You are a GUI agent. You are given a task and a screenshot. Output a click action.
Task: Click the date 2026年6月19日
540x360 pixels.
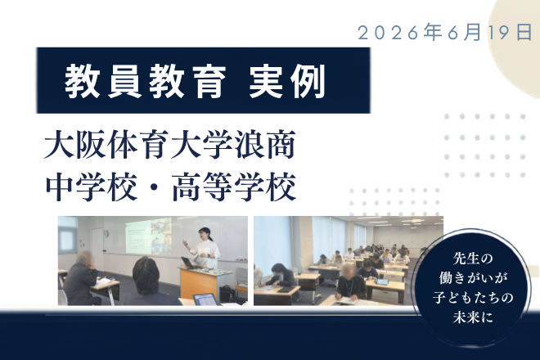[x=444, y=33]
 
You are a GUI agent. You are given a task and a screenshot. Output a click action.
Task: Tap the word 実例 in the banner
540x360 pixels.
[x=287, y=82]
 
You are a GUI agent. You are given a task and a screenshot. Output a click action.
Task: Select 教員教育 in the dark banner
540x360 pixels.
[x=146, y=82]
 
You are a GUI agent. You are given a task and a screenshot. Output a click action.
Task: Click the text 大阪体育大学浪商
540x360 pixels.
[x=170, y=145]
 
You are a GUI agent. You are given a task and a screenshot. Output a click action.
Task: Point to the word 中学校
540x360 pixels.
[x=92, y=187]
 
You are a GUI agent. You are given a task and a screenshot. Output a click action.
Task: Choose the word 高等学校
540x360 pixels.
[x=234, y=187]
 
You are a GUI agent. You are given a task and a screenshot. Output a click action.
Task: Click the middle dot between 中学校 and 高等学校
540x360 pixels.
[x=155, y=187]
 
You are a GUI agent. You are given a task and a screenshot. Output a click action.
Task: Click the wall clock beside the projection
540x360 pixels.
[x=106, y=234]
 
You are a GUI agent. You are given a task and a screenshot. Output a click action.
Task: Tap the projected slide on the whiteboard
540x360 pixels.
[x=148, y=236]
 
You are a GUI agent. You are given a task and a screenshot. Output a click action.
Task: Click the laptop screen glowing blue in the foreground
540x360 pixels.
[x=207, y=299]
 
